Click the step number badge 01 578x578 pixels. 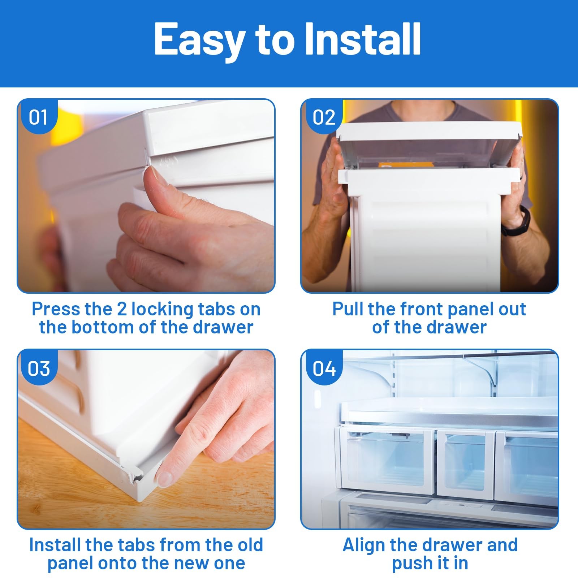[x=38, y=117]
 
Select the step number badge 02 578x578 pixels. [x=324, y=117]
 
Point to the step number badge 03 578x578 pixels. [x=38, y=368]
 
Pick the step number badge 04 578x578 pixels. [x=324, y=368]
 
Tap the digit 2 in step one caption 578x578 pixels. [x=122, y=310]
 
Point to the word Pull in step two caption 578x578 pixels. [x=348, y=309]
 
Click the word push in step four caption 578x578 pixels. [x=412, y=564]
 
